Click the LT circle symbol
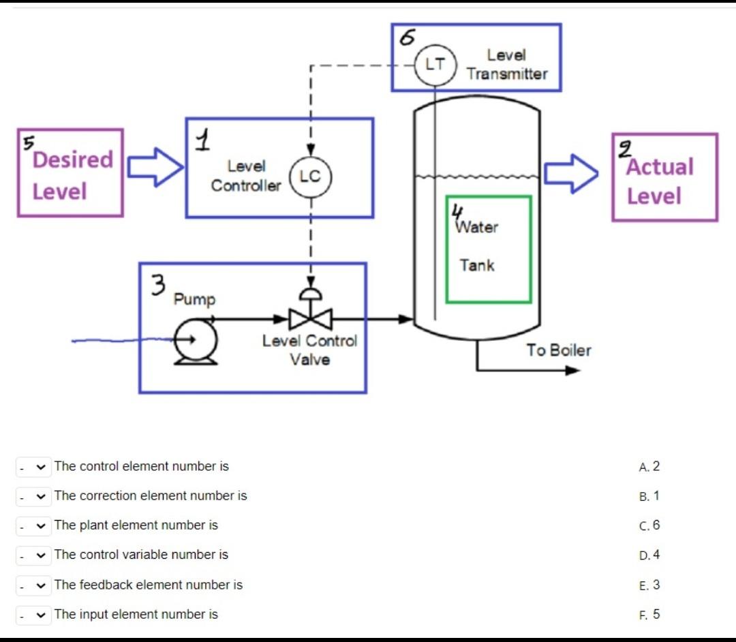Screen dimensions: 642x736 [x=435, y=65]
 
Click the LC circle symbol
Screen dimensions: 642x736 [x=310, y=176]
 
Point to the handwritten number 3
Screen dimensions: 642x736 [x=157, y=285]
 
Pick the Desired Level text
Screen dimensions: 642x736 [x=72, y=175]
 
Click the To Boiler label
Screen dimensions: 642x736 [x=558, y=350]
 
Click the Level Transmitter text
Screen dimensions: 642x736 [x=506, y=65]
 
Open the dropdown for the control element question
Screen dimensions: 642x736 [x=32, y=467]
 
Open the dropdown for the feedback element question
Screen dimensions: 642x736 [x=32, y=585]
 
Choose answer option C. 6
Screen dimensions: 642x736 [x=649, y=525]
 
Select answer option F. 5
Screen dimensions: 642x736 [x=649, y=614]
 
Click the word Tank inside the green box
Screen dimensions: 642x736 [x=477, y=265]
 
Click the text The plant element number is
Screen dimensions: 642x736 [x=136, y=525]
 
